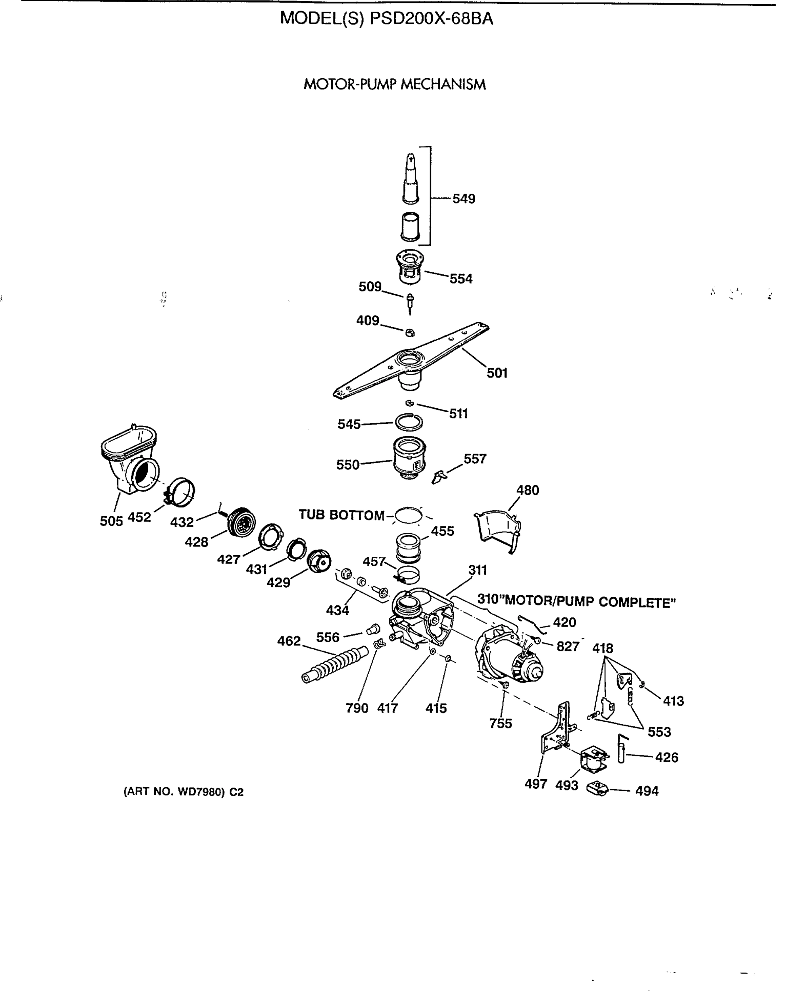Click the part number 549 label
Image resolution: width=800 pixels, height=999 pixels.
[x=463, y=199]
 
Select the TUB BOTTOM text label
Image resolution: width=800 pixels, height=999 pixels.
[x=341, y=515]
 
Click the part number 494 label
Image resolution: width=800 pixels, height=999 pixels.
[x=647, y=791]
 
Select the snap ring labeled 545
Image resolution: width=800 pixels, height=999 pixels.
[x=409, y=422]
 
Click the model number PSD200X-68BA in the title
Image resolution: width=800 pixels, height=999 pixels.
[x=431, y=19]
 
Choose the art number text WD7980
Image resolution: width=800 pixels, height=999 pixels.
[x=201, y=792]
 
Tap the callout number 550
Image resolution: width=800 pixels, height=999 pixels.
[x=347, y=465]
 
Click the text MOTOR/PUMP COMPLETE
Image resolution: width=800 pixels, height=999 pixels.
[x=590, y=602]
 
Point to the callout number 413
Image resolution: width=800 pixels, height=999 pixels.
[x=673, y=701]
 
